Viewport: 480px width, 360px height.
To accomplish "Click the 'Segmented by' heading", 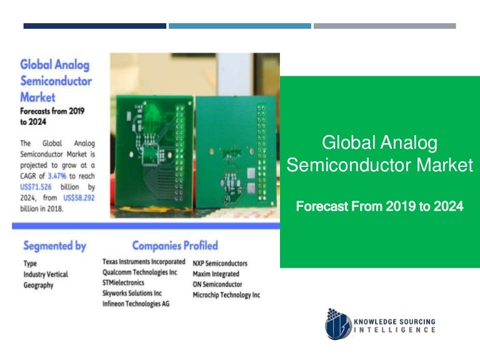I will pyautogui.click(x=54, y=246).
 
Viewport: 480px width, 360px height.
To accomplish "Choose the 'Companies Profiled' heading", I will pyautogui.click(x=175, y=246).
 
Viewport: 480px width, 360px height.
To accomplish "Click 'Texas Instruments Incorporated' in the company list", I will pyautogui.click(x=144, y=262).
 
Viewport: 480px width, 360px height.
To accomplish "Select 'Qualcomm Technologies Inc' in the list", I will pyautogui.click(x=140, y=272).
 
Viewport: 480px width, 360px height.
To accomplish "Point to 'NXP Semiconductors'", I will pyautogui.click(x=220, y=263).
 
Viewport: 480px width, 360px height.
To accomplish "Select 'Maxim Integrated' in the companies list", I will pyautogui.click(x=216, y=274).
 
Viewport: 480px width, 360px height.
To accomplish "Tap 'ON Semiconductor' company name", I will pyautogui.click(x=217, y=284).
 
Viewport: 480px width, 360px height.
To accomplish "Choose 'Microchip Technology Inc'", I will pyautogui.click(x=226, y=295).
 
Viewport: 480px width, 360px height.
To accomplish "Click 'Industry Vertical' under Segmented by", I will pyautogui.click(x=46, y=274).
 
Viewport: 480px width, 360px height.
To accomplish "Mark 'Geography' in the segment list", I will pyautogui.click(x=38, y=285).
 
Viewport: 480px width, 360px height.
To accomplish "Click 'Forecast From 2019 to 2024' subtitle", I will pyautogui.click(x=379, y=206).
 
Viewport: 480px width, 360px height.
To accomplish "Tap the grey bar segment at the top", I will pyautogui.click(x=384, y=26).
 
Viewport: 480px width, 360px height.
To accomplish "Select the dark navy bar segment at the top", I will pyautogui.click(x=95, y=26).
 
